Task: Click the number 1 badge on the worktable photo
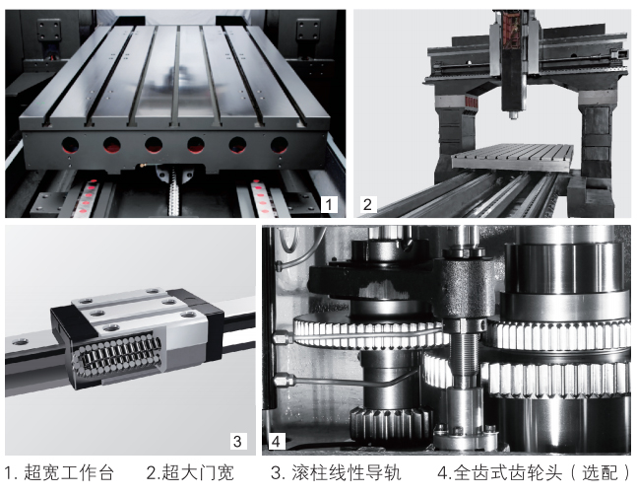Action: (329, 204)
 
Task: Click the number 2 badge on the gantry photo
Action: (367, 204)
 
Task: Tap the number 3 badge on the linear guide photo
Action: (237, 441)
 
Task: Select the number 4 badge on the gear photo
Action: (277, 441)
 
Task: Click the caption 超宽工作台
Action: (69, 473)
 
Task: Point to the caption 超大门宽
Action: (198, 473)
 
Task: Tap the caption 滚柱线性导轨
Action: (347, 473)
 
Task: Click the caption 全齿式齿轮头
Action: (508, 473)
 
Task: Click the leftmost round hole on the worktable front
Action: (70, 145)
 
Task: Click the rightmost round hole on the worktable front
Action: (279, 145)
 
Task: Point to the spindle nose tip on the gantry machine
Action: (514, 115)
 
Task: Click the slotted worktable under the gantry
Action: (512, 158)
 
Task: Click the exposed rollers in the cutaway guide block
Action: (118, 355)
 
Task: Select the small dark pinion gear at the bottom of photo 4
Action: (389, 424)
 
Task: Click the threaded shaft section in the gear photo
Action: (463, 357)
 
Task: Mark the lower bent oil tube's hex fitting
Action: (282, 381)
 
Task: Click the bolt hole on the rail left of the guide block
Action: (21, 342)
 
